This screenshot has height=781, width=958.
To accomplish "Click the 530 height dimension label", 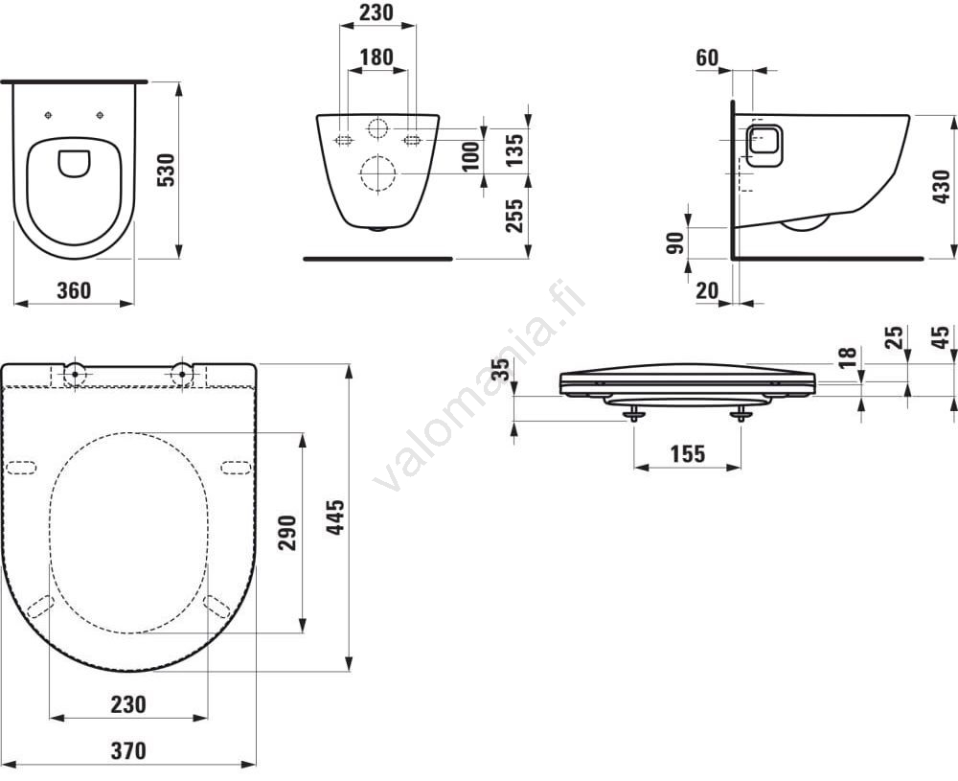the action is tap(166, 170).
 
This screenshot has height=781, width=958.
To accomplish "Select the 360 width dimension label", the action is tap(74, 291).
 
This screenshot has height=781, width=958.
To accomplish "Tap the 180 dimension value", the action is tap(376, 57).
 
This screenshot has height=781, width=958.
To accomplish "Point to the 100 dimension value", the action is tap(471, 156).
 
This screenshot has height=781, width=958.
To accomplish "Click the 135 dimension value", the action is tap(514, 149).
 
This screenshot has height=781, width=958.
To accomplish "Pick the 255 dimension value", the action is tap(514, 215).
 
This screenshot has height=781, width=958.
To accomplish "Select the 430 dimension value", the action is tap(942, 187).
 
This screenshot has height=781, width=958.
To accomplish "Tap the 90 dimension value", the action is tap(675, 243).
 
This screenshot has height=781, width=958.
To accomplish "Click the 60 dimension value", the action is tap(707, 58).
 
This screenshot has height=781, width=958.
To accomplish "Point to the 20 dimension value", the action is tap(707, 291).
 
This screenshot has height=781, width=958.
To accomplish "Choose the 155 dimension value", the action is tap(687, 454).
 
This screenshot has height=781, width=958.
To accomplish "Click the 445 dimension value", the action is tap(334, 517).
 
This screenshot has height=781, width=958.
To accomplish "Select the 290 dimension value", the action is tap(287, 533).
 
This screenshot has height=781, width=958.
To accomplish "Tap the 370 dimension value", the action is tap(128, 750).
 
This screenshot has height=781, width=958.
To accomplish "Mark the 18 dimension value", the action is tap(848, 356).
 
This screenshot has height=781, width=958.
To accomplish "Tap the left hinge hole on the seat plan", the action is tap(75, 373).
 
